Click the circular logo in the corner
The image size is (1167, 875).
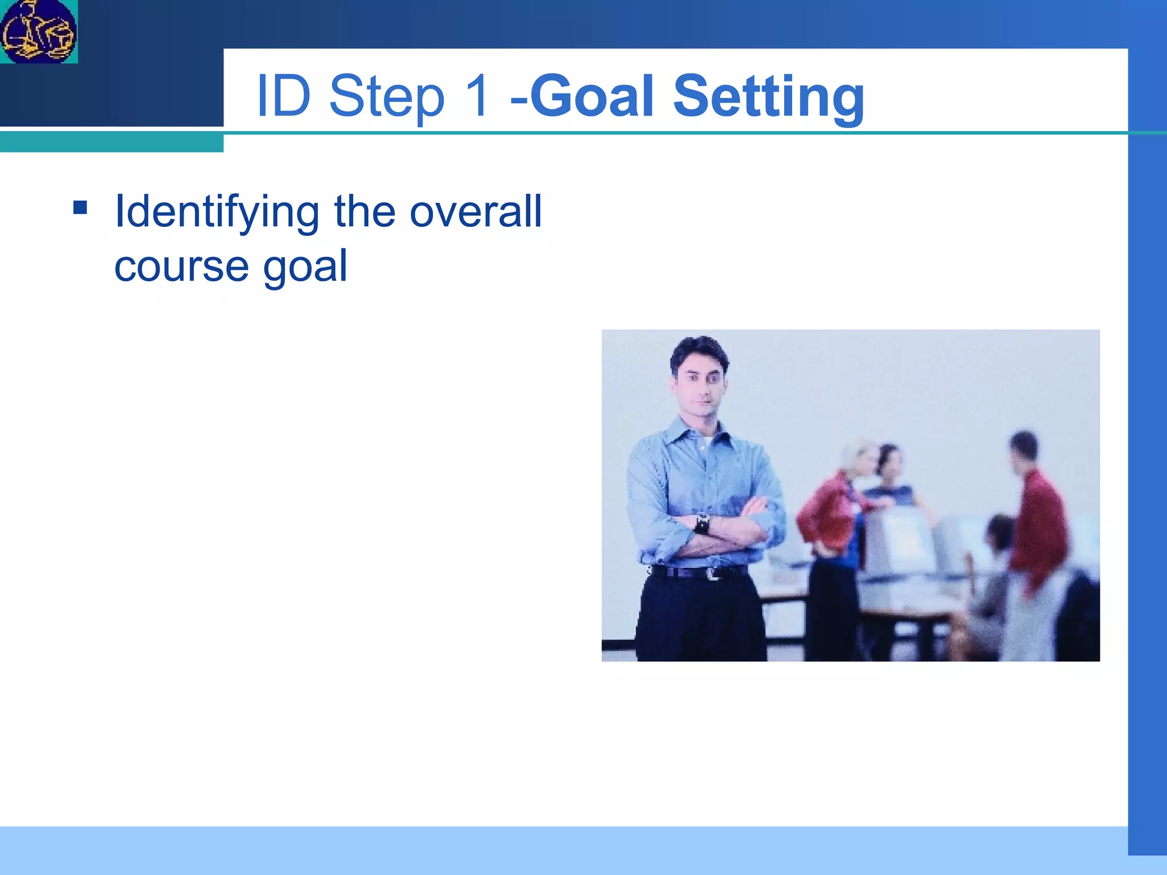38,31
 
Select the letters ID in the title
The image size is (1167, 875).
283,96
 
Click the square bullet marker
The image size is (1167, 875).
80,207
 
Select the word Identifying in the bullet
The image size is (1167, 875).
217,212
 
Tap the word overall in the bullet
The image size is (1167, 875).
476,211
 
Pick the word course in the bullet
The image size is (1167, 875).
181,267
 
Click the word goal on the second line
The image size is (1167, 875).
304,267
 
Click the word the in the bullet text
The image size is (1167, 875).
365,211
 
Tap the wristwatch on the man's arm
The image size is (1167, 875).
703,523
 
